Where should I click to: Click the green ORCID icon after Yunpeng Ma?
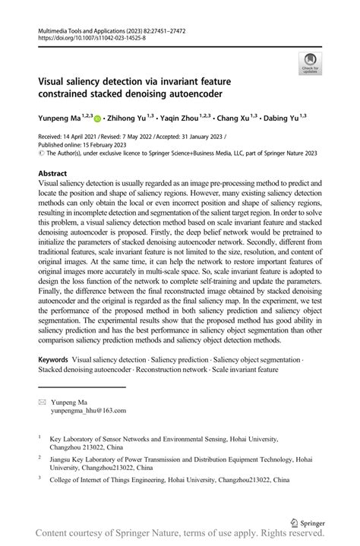pos(97,118)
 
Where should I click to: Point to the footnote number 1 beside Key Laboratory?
pos(39,437)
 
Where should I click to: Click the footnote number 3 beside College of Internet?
pos(39,480)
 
